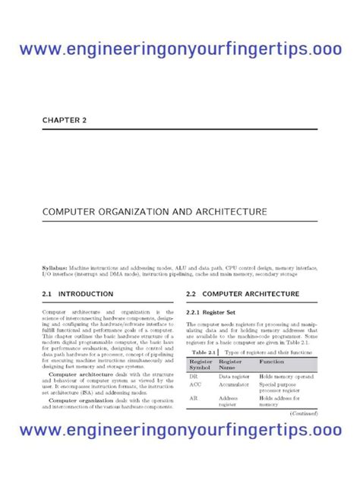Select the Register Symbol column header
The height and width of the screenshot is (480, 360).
[201, 365]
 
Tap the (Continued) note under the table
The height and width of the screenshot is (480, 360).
[304, 413]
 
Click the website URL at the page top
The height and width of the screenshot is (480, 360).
[180, 49]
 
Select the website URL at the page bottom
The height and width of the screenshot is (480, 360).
[180, 431]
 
